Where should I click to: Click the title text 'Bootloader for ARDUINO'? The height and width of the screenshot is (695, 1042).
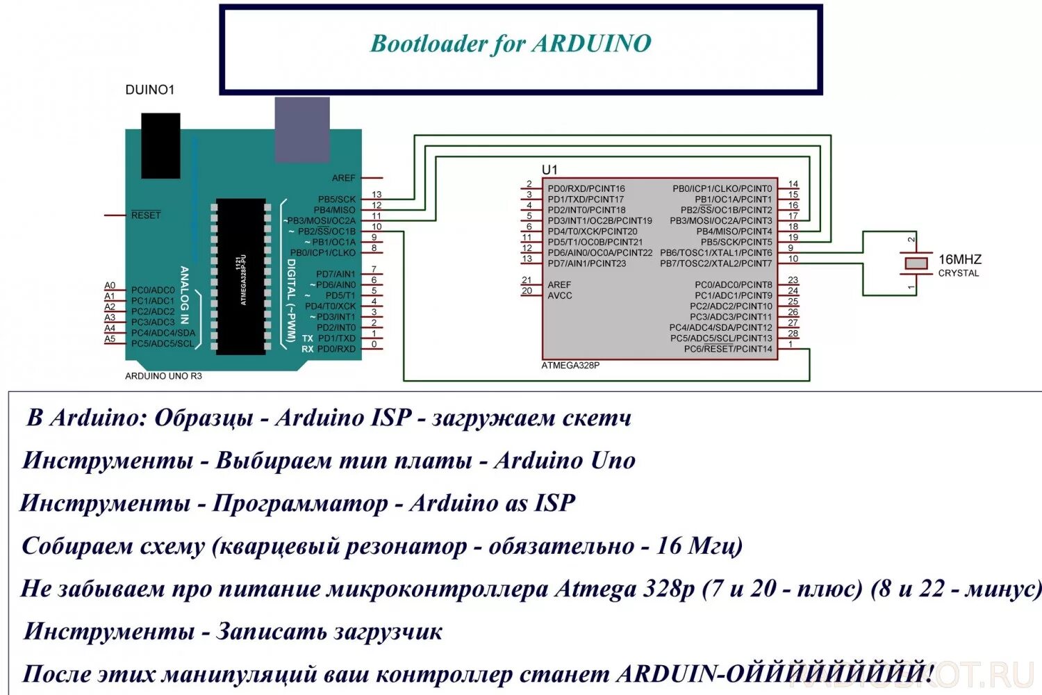click(x=511, y=44)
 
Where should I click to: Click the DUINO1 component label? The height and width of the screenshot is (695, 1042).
click(x=149, y=90)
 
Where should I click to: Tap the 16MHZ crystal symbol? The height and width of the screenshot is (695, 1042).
click(x=916, y=263)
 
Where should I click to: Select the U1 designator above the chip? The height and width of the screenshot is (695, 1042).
click(x=549, y=170)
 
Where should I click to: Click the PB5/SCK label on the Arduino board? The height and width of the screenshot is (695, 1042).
click(x=336, y=199)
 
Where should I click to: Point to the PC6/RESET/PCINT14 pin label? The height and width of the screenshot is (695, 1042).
click(x=727, y=349)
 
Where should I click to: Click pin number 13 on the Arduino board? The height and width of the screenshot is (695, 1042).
click(x=377, y=195)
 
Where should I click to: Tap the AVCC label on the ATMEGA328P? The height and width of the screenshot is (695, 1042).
click(x=560, y=295)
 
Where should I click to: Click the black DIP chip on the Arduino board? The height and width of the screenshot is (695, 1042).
click(x=240, y=276)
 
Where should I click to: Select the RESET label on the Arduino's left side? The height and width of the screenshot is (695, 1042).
click(x=146, y=215)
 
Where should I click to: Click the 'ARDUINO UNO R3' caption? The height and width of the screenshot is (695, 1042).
click(x=163, y=376)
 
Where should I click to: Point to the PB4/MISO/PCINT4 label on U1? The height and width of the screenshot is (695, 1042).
click(x=734, y=231)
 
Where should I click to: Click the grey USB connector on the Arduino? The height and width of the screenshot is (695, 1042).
click(x=301, y=130)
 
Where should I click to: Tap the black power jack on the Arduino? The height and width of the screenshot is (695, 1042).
click(x=160, y=145)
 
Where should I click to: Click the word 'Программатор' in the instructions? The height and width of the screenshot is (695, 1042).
click(x=300, y=503)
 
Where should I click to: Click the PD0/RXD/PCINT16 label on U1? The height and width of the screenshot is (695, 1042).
click(x=586, y=188)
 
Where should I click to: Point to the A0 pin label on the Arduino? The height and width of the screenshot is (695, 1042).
click(x=110, y=286)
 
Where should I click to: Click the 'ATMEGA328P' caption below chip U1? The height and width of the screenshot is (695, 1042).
click(x=570, y=366)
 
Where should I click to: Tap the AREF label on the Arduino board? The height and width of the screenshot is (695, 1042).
click(x=343, y=179)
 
